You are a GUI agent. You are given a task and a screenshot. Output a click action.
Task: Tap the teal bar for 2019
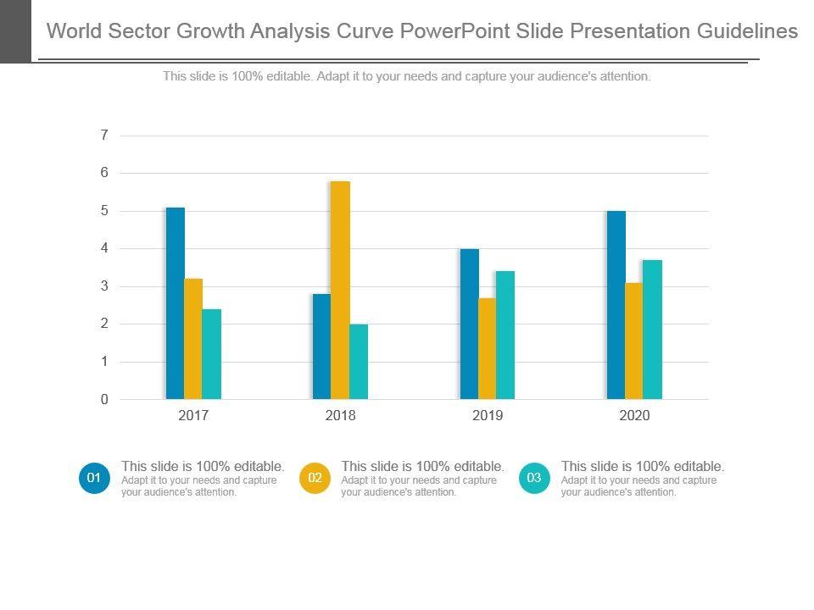point(505,335)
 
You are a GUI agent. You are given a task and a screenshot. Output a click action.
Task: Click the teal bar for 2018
point(359,362)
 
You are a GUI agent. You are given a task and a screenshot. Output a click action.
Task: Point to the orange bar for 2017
point(193,339)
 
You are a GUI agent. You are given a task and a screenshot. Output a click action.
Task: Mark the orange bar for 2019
point(487,348)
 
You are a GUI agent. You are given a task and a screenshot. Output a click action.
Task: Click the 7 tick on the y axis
point(104,136)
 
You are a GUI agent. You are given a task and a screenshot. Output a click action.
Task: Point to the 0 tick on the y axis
point(104,400)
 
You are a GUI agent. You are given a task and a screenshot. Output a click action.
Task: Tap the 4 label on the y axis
point(104,249)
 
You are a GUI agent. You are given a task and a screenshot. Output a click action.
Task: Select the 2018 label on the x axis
point(341,416)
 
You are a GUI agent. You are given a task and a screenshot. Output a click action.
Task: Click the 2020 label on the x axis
point(634,416)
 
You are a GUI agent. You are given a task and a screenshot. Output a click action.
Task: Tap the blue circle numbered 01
point(94,479)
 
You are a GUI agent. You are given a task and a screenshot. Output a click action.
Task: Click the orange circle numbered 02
point(315,479)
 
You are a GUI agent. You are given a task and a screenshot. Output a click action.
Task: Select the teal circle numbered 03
point(534,479)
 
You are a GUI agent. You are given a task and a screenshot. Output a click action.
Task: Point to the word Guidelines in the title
point(747,31)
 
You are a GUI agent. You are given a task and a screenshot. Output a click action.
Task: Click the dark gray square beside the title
point(15,31)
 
